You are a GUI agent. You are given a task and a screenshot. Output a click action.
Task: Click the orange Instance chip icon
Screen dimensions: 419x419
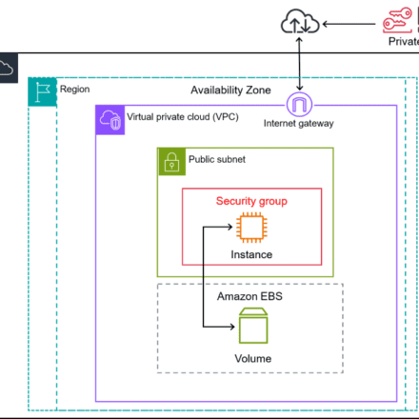[x=251, y=228]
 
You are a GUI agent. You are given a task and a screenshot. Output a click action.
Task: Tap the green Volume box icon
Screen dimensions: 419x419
[x=253, y=326]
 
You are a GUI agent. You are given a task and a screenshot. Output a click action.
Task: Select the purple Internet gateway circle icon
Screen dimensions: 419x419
[x=299, y=105]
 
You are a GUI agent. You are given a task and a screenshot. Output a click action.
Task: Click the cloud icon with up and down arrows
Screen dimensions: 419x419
[x=300, y=21]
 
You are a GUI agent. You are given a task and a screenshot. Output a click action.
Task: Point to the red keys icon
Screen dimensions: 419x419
[x=397, y=20]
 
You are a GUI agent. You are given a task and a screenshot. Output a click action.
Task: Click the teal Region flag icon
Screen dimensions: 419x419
[x=43, y=92]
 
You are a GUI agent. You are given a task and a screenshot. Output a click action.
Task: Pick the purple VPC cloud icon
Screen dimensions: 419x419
[x=110, y=120]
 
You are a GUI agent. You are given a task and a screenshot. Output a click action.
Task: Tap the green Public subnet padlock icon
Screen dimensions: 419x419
[x=171, y=162]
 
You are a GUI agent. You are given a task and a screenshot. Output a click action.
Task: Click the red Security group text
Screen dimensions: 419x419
[x=251, y=201]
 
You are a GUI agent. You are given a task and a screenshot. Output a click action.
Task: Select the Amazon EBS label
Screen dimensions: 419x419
[x=249, y=296]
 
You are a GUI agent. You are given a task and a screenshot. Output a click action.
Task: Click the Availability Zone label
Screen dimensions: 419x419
[x=230, y=90]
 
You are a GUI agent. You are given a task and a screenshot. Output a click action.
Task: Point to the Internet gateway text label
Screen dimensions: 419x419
[x=299, y=124]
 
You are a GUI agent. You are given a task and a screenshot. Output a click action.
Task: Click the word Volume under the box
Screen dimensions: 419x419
[x=253, y=359]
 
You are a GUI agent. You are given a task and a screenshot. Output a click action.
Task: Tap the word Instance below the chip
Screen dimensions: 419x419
[x=251, y=254]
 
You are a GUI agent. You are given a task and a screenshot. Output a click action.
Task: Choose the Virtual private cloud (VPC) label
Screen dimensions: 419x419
[x=183, y=117]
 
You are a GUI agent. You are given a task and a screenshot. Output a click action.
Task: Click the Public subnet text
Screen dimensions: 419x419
[x=217, y=159]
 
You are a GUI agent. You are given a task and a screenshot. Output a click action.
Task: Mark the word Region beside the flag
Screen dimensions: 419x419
[x=75, y=90]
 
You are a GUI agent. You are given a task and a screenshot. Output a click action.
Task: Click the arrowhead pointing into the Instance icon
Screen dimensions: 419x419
[x=229, y=227]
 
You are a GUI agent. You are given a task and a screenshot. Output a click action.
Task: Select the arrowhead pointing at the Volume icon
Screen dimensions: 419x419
[x=231, y=327]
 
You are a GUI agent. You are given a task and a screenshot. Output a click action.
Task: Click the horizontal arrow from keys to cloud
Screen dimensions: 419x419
[x=349, y=24]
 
